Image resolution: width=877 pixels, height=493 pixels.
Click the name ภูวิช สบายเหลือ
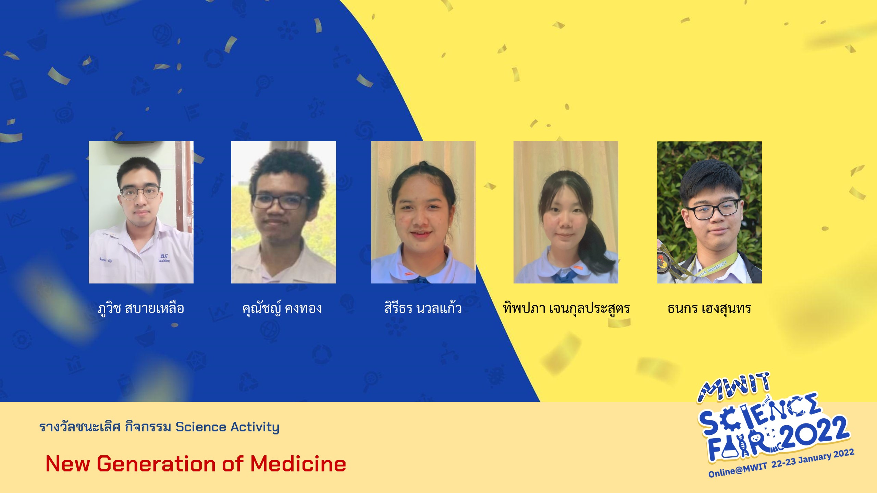coord(141,308)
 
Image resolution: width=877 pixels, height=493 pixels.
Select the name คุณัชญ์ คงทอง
coord(282,308)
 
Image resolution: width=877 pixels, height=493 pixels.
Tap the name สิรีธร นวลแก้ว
coord(423,307)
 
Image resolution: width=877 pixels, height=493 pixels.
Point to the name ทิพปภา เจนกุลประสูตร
coord(566,308)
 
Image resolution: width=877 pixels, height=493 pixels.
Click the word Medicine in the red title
coord(298,464)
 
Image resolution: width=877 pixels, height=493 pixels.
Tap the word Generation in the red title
coord(156,464)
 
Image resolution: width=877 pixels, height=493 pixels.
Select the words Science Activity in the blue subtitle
coord(227,427)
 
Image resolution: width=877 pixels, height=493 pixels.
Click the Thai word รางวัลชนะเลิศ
coord(80,427)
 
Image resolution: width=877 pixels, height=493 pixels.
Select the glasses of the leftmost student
coord(140,192)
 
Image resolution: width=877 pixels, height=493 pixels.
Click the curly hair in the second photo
coord(287,171)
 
